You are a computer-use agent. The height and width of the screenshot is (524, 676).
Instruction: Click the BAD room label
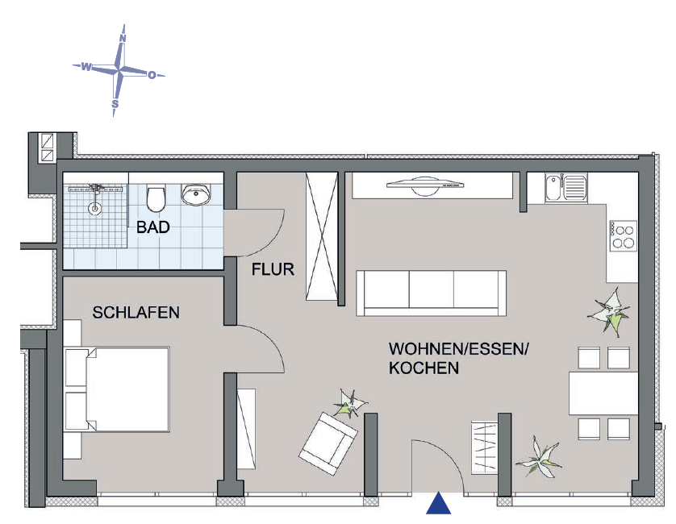pos(152,227)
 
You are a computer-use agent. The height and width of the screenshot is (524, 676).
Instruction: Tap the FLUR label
pos(273,269)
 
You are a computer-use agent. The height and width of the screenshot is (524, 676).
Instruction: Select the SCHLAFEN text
pos(136,312)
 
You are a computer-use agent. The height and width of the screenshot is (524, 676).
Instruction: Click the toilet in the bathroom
pos(156,195)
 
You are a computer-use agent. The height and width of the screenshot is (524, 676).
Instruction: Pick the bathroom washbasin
pos(195,194)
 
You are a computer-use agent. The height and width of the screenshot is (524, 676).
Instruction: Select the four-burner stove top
pos(624,235)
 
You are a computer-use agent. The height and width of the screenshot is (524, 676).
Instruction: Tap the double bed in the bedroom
pos(117,390)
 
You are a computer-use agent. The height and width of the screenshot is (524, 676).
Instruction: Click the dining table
pos(604,393)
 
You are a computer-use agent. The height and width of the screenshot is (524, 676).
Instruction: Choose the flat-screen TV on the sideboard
pos(425,185)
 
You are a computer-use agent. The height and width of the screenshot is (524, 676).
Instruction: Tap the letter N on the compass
pos(123,38)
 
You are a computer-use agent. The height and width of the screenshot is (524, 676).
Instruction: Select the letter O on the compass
pos(151,75)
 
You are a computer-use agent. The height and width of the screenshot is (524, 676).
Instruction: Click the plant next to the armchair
pos(349,401)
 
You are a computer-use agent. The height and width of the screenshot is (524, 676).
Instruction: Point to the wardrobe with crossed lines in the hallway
pos(321,237)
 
